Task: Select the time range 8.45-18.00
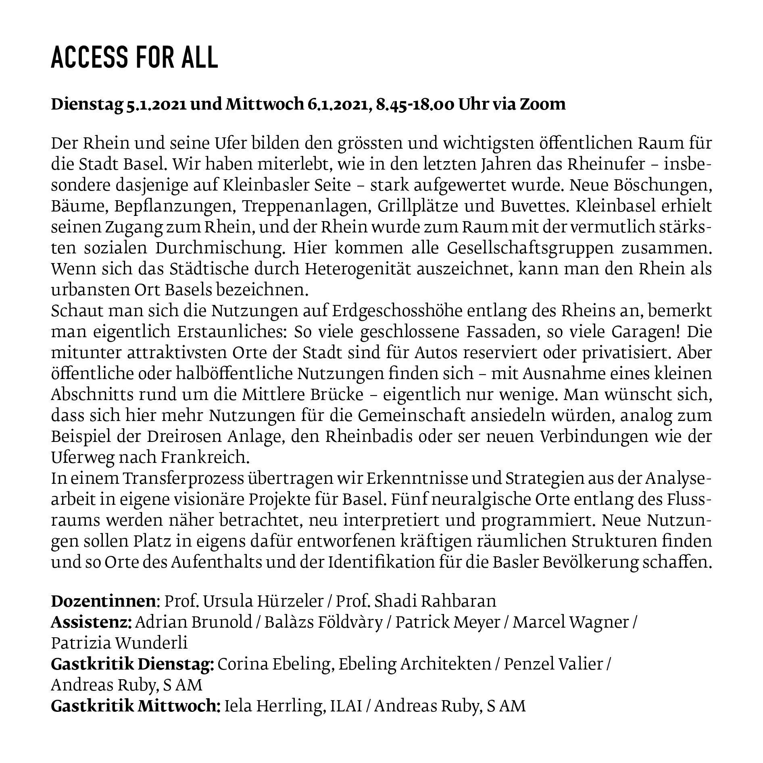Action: coord(415,104)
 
